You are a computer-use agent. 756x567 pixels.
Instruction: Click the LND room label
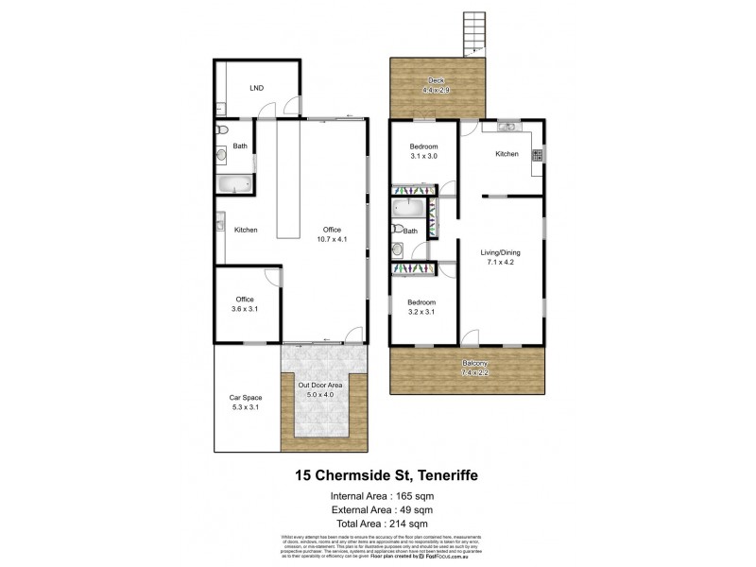[256, 88]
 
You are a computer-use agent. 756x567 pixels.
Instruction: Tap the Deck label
[436, 84]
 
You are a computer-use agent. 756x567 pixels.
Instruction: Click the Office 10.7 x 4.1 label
[331, 234]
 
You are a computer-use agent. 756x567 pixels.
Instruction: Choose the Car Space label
[246, 403]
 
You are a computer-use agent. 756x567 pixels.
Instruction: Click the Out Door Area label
[319, 390]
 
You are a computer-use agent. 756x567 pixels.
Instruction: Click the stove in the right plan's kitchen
[536, 157]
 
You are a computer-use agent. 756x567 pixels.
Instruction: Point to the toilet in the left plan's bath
[218, 129]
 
